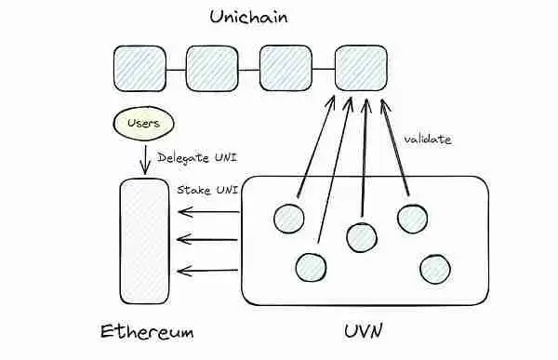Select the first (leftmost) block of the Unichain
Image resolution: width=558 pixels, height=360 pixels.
[x=139, y=66]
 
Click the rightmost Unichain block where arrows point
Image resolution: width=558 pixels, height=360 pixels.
[x=360, y=66]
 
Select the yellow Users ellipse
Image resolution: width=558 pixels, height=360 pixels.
[x=142, y=123]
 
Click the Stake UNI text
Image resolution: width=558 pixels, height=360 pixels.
[x=207, y=190]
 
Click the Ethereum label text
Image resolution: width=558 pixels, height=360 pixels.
[x=147, y=332]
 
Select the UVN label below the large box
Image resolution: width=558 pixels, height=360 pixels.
[x=364, y=332]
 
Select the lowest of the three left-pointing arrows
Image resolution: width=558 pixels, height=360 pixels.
[x=208, y=272]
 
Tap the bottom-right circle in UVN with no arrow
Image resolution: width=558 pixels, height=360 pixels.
[x=434, y=269]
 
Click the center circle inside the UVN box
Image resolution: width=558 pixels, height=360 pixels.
[x=361, y=237]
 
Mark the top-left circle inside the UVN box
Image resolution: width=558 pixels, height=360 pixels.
[x=289, y=218]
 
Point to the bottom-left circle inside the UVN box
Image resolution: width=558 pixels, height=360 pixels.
[x=311, y=268]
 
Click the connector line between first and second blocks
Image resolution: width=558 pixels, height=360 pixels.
[x=176, y=68]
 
